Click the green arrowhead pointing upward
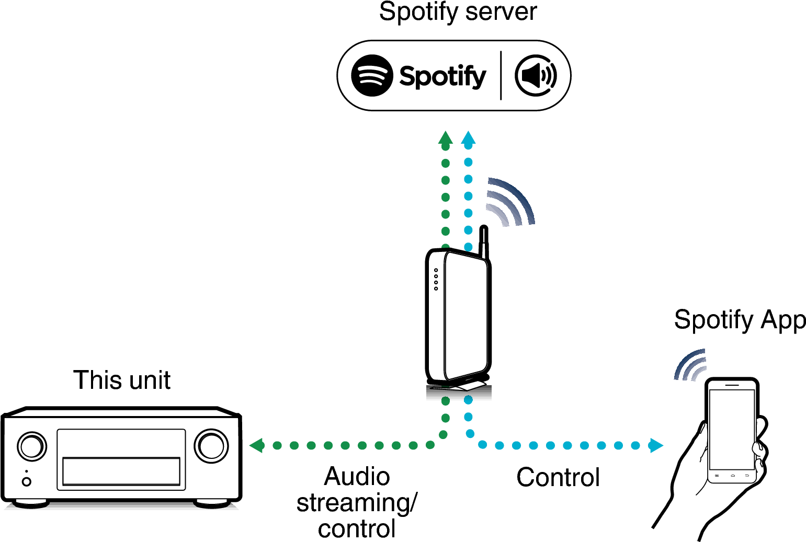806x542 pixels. click(445, 138)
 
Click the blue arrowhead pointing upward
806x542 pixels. click(468, 138)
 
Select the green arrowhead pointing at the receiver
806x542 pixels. click(256, 445)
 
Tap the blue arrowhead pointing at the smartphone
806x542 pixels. click(656, 445)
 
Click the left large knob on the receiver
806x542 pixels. click(32, 446)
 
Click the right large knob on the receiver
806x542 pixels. click(211, 446)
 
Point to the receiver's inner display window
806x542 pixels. click(121, 471)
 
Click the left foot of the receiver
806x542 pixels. click(31, 503)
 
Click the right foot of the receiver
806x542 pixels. click(212, 503)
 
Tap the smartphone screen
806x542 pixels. click(732, 429)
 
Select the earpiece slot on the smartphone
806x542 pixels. click(732, 385)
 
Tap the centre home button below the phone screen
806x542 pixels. click(732, 476)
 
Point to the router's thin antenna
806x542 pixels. click(484, 243)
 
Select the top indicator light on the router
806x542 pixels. click(436, 270)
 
